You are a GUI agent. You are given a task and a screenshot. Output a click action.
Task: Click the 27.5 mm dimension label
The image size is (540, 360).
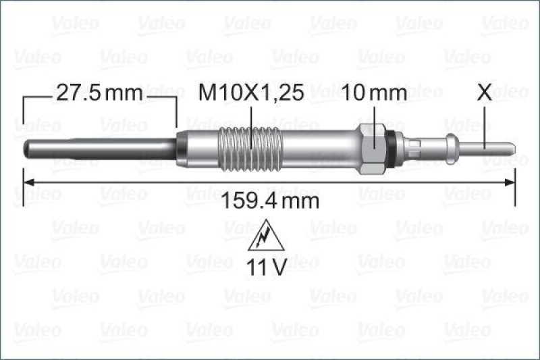(x=99, y=93)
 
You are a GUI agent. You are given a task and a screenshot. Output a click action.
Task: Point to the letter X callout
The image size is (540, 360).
(x=484, y=93)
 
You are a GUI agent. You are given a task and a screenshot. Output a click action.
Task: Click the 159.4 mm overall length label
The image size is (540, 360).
(x=270, y=201)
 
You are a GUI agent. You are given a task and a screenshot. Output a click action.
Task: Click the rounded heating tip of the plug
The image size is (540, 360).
(x=28, y=145)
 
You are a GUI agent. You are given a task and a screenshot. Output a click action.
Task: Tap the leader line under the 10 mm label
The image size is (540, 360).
(x=374, y=115)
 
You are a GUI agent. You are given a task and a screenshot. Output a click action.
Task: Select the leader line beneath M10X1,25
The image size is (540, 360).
(x=251, y=118)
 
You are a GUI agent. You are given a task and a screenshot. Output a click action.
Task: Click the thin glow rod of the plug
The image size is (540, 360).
(x=101, y=145)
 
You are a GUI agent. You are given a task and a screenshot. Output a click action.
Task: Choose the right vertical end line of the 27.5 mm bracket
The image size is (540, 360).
(x=176, y=111)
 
